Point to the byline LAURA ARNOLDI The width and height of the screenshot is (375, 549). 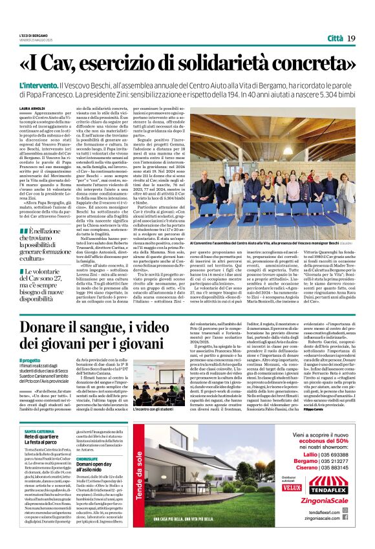(x=32, y=109)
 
